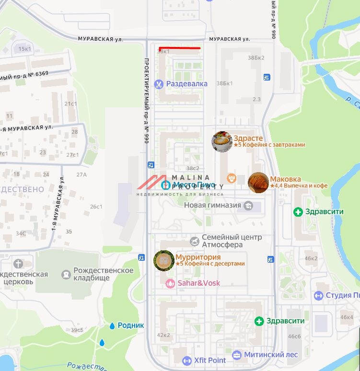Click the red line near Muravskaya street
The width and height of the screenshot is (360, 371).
(x=179, y=48)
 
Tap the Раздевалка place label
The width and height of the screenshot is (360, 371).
(x=186, y=84)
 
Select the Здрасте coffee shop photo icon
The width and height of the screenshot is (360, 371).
(x=222, y=141)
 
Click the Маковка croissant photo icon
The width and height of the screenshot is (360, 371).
(x=258, y=183)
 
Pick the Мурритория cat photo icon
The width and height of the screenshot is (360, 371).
(x=163, y=260)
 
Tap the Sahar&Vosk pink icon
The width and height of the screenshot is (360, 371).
(x=170, y=283)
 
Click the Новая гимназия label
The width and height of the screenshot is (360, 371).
(x=212, y=206)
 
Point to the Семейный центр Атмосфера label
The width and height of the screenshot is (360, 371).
(x=232, y=241)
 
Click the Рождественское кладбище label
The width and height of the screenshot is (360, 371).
(x=103, y=275)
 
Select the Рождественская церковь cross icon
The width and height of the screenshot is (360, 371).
(x=18, y=264)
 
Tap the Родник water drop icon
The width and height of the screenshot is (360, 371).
(x=112, y=325)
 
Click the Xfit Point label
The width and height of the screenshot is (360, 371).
(x=209, y=360)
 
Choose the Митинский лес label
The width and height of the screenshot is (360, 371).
(x=271, y=355)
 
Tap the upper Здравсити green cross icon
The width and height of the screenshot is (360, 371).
(x=298, y=211)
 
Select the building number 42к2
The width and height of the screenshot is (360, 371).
(x=163, y=335)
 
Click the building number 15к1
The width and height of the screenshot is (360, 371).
(x=24, y=49)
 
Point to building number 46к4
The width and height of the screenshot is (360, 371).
(x=347, y=317)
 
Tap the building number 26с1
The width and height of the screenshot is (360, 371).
(x=96, y=207)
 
